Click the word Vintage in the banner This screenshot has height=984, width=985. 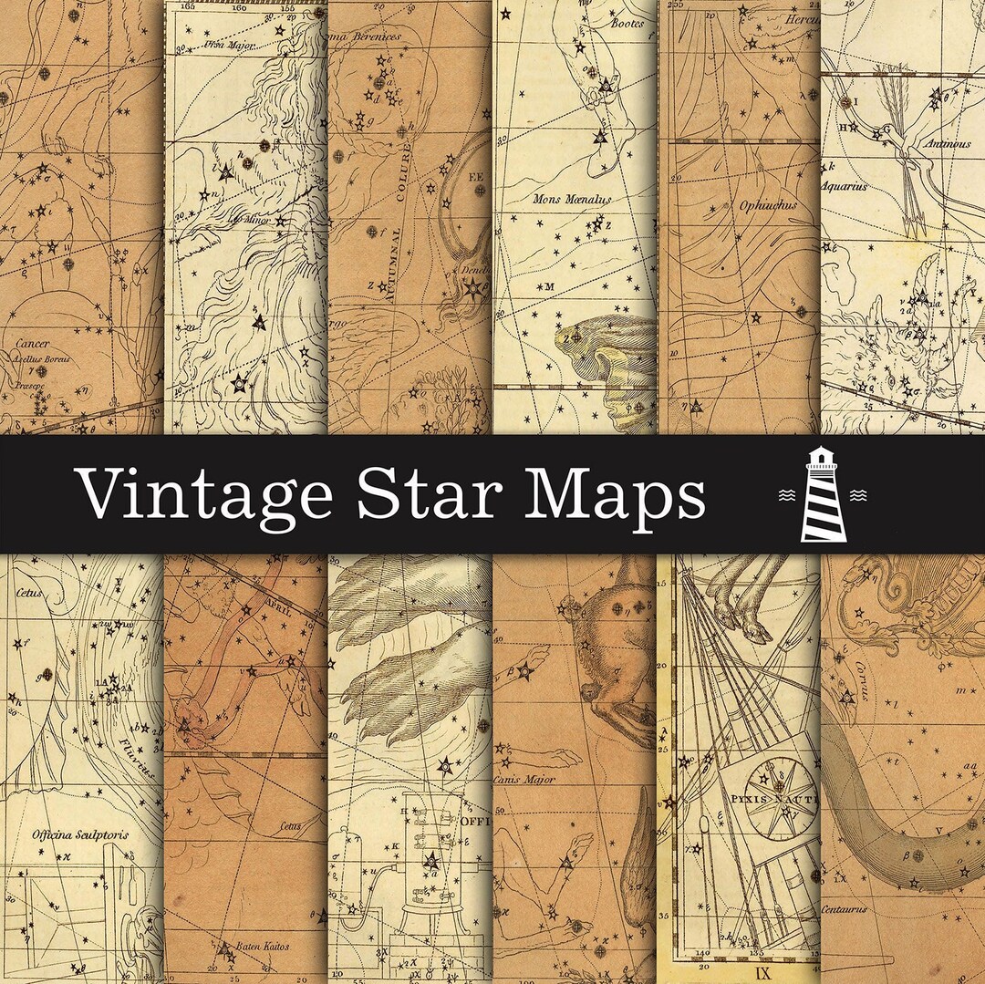click(204, 496)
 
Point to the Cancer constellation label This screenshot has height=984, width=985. click(32, 345)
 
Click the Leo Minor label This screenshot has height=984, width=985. click(251, 219)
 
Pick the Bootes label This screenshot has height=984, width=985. click(627, 24)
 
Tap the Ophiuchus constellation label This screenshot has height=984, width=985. click(742, 205)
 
